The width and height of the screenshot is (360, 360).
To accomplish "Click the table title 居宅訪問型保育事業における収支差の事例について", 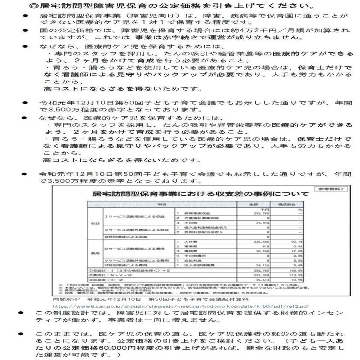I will [200, 195].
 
